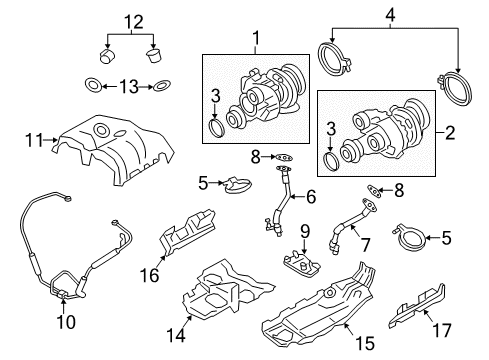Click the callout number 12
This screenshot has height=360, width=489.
pos(134,22)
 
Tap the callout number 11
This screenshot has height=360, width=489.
pos(34,140)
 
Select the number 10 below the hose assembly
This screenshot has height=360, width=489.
pos(66,322)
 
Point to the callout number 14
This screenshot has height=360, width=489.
pos(176,335)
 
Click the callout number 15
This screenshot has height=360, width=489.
pos(365,343)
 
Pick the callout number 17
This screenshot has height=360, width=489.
pos(442,330)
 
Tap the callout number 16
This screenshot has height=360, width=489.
pos(149,275)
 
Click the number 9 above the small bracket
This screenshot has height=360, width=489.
pos(305,232)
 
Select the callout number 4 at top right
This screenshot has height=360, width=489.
pos(390,15)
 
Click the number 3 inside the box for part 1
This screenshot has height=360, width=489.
pos(216,96)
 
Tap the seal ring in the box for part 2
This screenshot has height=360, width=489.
pos(331,161)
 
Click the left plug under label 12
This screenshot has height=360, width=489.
pos(107,56)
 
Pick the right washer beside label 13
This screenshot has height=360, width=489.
pos(161,86)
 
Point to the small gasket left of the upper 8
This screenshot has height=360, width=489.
pos(283,156)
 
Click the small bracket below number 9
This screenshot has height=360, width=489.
pos(302,263)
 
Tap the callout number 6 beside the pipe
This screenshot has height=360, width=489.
pos(311,197)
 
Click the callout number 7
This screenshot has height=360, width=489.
pos(366,245)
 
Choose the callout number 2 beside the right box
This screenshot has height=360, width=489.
pos(450,133)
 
